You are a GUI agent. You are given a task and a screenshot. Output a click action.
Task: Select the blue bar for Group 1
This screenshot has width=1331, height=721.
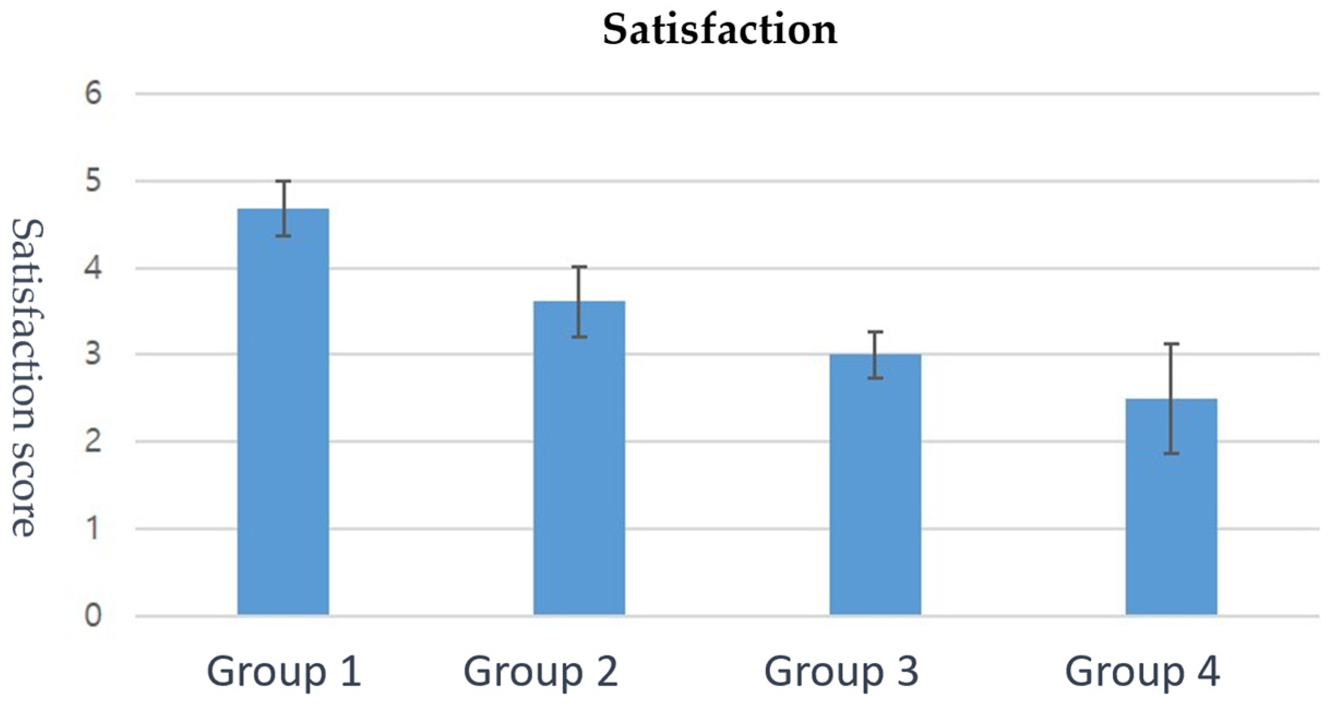[x=283, y=412]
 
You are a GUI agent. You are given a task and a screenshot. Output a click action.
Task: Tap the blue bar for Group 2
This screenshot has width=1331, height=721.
[x=579, y=458]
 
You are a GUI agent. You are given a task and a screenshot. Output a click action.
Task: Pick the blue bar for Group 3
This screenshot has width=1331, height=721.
[x=875, y=485]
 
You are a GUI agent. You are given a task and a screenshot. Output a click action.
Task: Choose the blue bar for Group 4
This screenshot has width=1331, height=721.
[x=1171, y=507]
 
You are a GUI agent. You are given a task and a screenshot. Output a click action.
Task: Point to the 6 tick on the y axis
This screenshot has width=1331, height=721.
[x=93, y=93]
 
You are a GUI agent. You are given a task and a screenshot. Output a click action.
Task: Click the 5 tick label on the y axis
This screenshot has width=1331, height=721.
[x=93, y=181]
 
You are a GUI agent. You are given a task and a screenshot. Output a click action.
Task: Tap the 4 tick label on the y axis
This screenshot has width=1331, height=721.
[x=93, y=268]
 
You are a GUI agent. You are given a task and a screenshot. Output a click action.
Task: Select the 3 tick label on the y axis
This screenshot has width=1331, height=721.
[x=93, y=354]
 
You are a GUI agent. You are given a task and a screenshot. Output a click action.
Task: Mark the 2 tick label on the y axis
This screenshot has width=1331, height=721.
[x=93, y=441]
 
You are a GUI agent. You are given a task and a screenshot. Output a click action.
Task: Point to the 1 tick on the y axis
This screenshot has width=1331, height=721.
[x=93, y=528]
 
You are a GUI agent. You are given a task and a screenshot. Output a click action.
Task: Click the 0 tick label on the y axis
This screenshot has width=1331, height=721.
[x=93, y=615]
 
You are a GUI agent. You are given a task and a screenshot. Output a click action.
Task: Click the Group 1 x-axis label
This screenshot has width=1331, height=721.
[x=284, y=671]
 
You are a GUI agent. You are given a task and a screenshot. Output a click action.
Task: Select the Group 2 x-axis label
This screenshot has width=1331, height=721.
[x=541, y=671]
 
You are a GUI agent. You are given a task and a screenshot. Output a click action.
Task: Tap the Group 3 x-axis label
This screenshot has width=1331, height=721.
[x=841, y=671]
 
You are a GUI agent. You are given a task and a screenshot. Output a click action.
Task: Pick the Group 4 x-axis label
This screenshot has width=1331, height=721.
[x=1142, y=671]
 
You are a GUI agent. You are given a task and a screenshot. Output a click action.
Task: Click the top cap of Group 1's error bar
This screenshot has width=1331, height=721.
[x=283, y=181]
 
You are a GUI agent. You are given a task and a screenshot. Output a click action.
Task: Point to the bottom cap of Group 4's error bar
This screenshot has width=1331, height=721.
[x=1171, y=453]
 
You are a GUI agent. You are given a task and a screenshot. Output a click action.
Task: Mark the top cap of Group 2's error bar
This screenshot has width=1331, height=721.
[x=579, y=267]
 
